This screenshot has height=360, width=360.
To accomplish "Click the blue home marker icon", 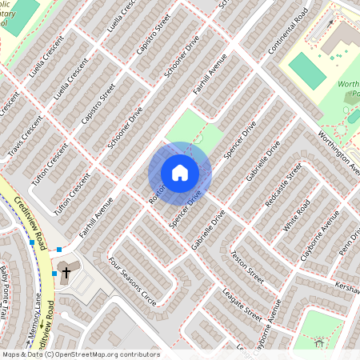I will tap(180, 173).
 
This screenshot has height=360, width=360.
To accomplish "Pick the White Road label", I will tap(296, 217).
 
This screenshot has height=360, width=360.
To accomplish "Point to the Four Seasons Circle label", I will tap(133, 275).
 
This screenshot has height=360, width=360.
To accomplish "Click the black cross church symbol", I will tap(66, 273).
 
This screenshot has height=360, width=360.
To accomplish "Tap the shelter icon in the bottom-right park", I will tap(319, 344).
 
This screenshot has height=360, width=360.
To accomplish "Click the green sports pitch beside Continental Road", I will tap(306, 70).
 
